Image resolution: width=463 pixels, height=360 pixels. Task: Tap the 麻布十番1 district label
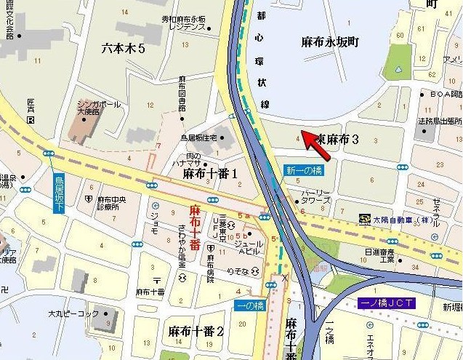pyautogui.click(x=210, y=174)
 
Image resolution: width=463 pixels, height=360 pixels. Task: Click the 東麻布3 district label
pyautogui.click(x=332, y=140)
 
